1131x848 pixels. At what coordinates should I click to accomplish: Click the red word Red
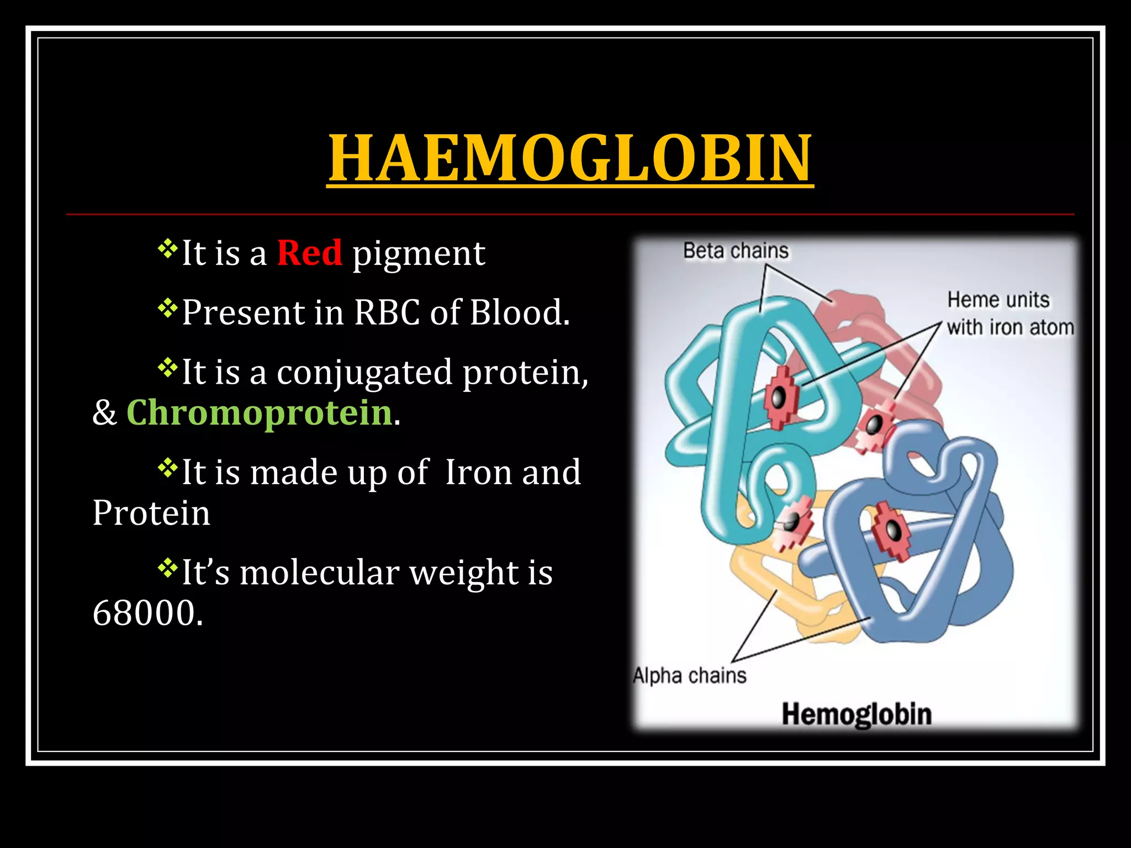click(309, 253)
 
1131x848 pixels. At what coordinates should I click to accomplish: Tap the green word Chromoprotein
click(259, 412)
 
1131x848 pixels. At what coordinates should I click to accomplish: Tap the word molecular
click(319, 573)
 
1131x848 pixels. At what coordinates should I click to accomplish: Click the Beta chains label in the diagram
click(736, 251)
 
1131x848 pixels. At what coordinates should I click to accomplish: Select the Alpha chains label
click(689, 676)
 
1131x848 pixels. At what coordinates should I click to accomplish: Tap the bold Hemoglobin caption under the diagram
click(857, 714)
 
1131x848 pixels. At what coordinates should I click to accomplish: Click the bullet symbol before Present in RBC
click(166, 308)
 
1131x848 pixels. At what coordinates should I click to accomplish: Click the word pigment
click(419, 254)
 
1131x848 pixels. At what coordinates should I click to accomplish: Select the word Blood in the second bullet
click(519, 312)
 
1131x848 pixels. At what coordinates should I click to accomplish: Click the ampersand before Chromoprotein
click(105, 413)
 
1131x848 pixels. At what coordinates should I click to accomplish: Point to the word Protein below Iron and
click(151, 513)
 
